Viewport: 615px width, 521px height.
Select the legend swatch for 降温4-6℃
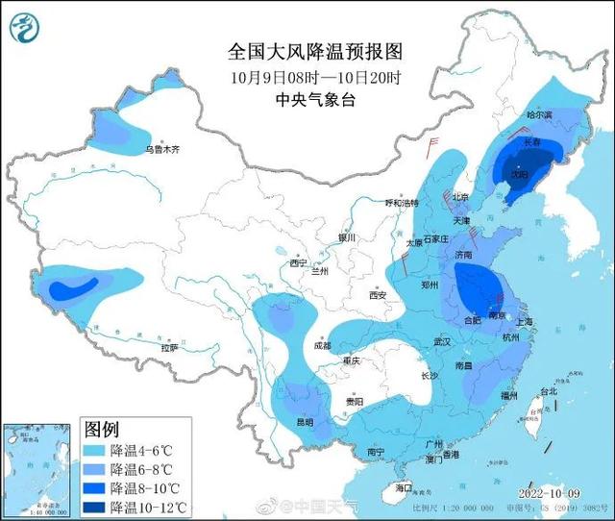point(94,450)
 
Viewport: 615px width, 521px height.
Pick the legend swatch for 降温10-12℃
point(94,507)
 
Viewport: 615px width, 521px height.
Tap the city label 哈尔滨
point(540,114)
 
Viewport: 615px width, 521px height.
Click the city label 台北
point(547,391)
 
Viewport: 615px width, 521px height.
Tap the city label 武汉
point(442,341)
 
